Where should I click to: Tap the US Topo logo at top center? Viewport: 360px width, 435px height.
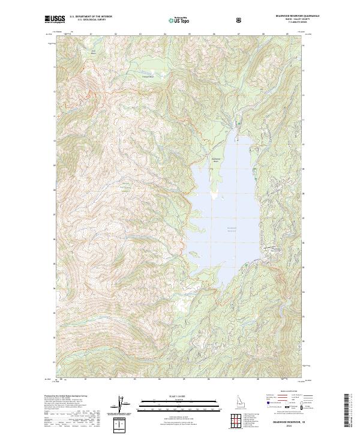click(178, 20)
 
